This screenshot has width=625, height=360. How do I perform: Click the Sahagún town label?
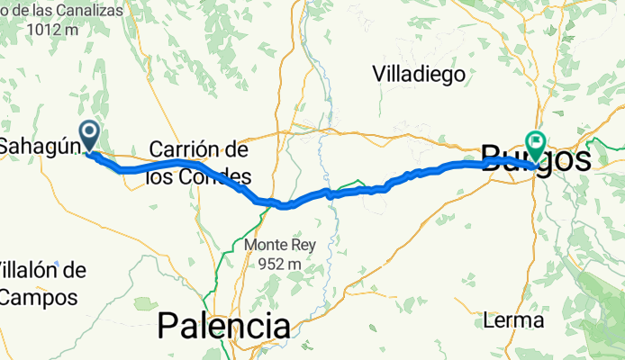click(34, 146)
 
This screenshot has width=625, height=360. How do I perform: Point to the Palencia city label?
click(224, 325)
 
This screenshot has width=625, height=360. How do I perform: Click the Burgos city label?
click(537, 160)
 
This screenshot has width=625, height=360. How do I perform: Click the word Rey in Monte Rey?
click(314, 245)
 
